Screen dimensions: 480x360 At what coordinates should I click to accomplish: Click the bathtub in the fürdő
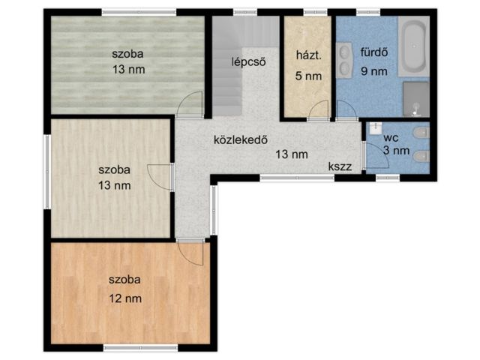pos(413,46)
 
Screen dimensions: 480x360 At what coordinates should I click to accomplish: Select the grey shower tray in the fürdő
pos(415,99)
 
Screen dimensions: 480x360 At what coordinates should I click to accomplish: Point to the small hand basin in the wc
pos(375,128)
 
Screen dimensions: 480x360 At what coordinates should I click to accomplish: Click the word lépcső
pos(248,61)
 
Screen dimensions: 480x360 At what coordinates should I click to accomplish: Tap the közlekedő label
pos(241,139)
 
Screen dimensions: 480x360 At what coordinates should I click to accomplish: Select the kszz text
pos(340,166)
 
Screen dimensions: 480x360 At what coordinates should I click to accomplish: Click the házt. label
pos(308,55)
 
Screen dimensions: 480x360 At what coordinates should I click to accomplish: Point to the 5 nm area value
pos(308,76)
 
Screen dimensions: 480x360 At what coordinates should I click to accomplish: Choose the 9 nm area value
pos(374,71)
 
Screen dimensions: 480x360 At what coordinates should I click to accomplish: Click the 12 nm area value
pos(125,298)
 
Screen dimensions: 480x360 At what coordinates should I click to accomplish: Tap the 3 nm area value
pos(397,150)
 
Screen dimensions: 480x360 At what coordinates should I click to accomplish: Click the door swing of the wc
pos(376,155)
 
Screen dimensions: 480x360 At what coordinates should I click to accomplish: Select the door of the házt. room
pos(319,110)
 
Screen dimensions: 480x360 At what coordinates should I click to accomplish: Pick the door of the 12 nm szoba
pos(190,253)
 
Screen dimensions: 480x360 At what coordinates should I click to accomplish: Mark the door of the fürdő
pos(346,110)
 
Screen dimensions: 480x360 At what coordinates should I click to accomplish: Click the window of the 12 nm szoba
pos(140,348)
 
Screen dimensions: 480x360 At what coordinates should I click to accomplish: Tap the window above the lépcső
pos(245,12)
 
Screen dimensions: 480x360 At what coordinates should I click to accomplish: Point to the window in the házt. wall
pos(315,12)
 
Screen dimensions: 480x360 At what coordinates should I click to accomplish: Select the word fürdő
pos(374,52)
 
